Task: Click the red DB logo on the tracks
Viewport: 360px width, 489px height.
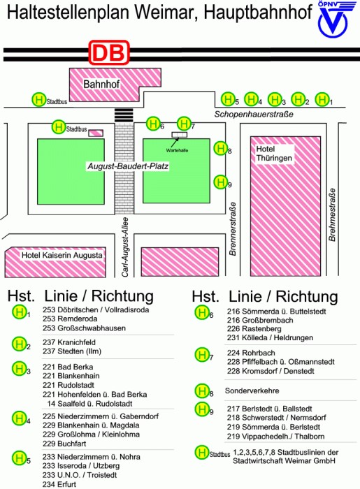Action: [109, 52]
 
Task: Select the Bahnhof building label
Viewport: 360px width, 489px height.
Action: [101, 84]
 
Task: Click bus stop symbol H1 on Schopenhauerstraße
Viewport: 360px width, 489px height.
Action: [322, 99]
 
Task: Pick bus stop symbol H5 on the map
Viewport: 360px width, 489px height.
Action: [228, 99]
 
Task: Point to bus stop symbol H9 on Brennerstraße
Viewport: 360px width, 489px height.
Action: [221, 182]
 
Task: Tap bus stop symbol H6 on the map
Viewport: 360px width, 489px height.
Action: [153, 124]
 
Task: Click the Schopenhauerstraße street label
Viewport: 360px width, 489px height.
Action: [254, 114]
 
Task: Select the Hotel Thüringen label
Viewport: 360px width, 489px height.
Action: [274, 154]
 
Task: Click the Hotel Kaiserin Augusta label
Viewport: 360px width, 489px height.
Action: [62, 255]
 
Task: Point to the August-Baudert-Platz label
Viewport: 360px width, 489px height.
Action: [128, 166]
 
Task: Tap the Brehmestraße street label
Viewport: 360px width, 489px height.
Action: [332, 214]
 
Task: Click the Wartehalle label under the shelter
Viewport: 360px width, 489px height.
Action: [177, 150]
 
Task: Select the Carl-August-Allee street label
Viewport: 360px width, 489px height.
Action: [125, 247]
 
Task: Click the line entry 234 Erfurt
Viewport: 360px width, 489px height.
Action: [59, 484]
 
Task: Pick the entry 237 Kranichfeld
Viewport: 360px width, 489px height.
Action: [69, 342]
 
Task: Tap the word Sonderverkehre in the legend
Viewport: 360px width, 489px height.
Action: [252, 391]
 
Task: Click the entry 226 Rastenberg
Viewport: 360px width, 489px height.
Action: [254, 329]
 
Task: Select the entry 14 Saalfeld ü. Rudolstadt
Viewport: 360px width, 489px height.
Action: [90, 404]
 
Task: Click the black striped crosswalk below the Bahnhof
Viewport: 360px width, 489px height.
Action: [124, 115]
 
